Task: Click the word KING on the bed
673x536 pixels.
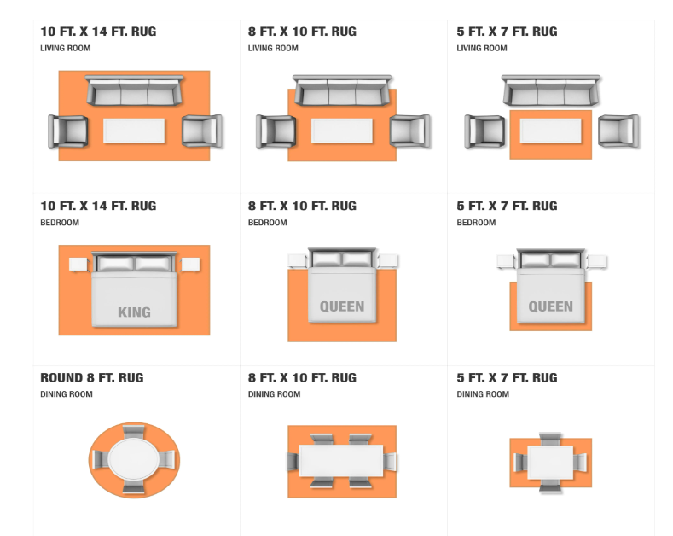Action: [x=134, y=312]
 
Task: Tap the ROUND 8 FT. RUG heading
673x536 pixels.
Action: [x=91, y=378]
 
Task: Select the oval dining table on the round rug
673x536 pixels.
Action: [x=134, y=459]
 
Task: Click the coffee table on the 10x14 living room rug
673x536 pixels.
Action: [x=134, y=131]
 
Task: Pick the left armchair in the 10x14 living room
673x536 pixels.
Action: [x=68, y=131]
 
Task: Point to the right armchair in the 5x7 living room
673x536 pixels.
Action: [x=618, y=131]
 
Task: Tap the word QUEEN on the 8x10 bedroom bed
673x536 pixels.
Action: [x=342, y=306]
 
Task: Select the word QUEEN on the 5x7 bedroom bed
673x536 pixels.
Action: [x=550, y=306]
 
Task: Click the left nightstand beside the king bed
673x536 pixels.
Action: [x=80, y=265]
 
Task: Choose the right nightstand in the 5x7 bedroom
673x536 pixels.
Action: [x=596, y=261]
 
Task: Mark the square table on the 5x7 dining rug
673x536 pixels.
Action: [x=550, y=462]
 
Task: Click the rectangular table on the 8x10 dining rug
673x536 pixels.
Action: [x=342, y=461]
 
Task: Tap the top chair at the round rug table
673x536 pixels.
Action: [x=134, y=430]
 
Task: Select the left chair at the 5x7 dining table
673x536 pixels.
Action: [x=518, y=462]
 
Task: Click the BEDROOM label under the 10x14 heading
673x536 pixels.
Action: [x=60, y=223]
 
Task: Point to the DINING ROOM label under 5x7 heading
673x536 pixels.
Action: [x=482, y=394]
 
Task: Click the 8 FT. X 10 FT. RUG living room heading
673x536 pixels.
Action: [x=302, y=32]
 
